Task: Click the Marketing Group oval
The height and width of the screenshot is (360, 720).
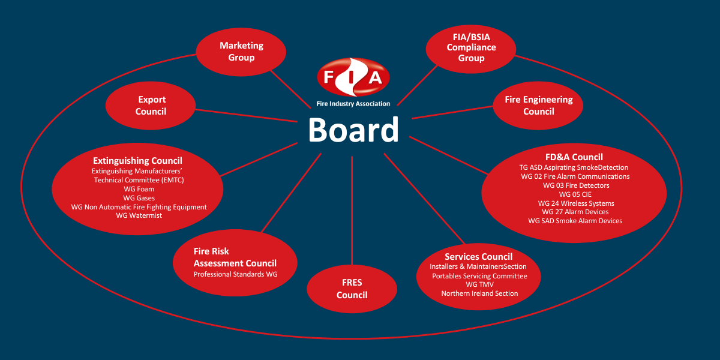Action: point(241,52)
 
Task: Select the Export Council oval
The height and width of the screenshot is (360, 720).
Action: point(151,106)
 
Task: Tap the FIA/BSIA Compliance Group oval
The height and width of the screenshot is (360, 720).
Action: point(471,47)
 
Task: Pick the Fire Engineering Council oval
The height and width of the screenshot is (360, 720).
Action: point(538,106)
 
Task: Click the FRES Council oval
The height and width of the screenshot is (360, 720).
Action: point(352,289)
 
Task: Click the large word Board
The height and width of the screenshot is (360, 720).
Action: point(353,130)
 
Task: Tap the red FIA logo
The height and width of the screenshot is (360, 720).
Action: point(353,77)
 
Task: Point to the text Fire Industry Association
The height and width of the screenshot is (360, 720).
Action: point(353,104)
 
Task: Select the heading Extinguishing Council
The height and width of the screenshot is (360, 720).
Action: point(137,161)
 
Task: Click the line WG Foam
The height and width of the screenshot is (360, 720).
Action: point(139,189)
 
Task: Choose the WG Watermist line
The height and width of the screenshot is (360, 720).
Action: point(139,215)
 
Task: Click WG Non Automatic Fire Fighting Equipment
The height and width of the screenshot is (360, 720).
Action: point(139,207)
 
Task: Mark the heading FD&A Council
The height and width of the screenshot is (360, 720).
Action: point(574,158)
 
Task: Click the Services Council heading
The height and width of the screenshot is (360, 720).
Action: point(478,257)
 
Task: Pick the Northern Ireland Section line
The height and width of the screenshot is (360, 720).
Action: point(479,293)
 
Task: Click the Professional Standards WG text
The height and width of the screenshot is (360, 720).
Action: point(235,274)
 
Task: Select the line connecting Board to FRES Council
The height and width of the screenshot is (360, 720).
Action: point(352,210)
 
